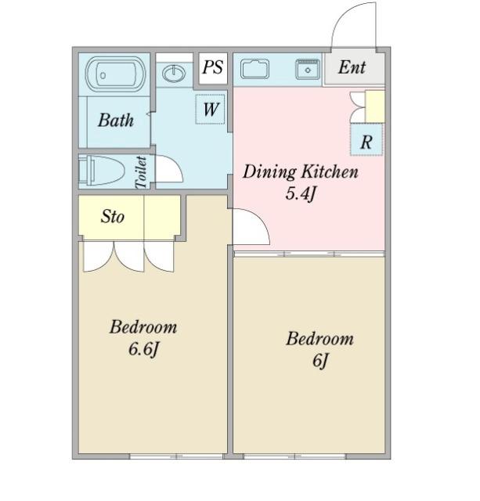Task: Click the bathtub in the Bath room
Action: tap(116, 74)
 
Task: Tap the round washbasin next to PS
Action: tap(174, 74)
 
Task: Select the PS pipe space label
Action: tap(213, 67)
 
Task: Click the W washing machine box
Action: tap(210, 109)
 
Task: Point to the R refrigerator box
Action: tap(366, 140)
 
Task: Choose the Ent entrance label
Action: tap(352, 67)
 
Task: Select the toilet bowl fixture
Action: tap(102, 171)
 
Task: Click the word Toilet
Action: tap(141, 172)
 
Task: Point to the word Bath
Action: tap(116, 121)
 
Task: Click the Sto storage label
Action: tap(113, 216)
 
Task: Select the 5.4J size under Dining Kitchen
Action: tap(301, 193)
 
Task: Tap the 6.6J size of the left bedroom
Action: tap(143, 348)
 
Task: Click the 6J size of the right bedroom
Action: tap(320, 361)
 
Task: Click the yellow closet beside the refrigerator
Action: tap(375, 106)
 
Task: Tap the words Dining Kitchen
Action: tap(301, 172)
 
